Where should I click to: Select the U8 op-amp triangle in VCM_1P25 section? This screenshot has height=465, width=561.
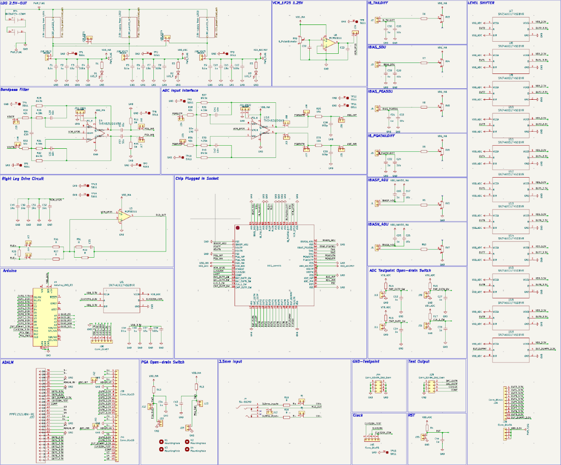[328, 42]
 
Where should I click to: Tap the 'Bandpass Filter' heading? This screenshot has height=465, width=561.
[15, 90]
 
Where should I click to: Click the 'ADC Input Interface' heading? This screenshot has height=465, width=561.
[180, 91]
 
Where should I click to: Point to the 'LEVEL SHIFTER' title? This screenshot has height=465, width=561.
[481, 3]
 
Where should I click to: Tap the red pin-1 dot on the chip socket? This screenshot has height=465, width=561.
[238, 228]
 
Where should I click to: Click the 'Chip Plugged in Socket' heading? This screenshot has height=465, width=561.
[197, 178]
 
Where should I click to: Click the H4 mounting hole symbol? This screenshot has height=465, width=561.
[187, 449]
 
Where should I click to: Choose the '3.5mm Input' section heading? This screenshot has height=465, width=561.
[231, 362]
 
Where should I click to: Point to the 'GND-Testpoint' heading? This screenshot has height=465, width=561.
[366, 362]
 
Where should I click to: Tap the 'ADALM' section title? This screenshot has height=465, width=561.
[8, 362]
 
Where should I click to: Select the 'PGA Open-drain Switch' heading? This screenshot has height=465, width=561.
[163, 362]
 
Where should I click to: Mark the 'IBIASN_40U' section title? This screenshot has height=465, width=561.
[378, 224]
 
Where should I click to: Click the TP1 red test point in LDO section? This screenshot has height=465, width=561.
[74, 54]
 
